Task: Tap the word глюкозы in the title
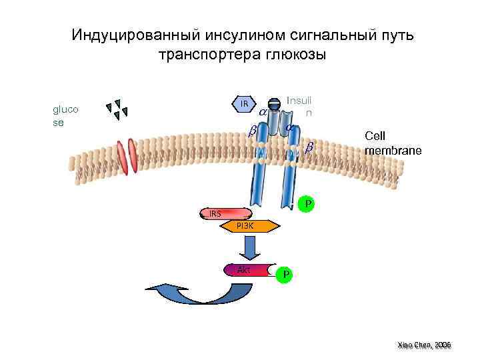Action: [x=293, y=54]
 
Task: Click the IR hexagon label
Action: [x=245, y=104]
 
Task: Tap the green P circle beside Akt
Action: [x=285, y=273]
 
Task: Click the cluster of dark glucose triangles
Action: [x=117, y=109]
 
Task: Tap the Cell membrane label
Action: [x=393, y=143]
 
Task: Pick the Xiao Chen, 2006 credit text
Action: [x=424, y=345]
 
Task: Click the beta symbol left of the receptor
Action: [x=253, y=132]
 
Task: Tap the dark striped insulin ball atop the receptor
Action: [x=273, y=105]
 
